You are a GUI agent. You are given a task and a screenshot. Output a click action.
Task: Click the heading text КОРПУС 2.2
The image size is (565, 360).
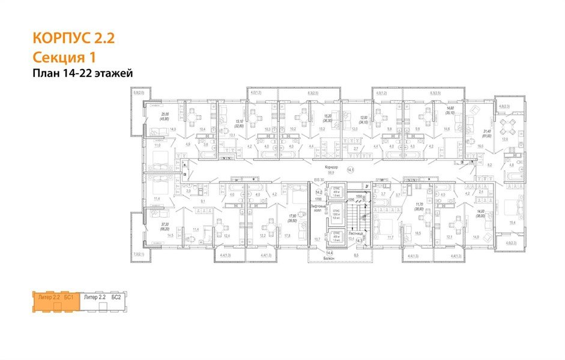(73, 40)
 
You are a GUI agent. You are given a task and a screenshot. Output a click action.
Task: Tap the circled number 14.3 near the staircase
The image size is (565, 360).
(360, 241)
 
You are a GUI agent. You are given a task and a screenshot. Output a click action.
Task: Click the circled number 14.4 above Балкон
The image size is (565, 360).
(328, 254)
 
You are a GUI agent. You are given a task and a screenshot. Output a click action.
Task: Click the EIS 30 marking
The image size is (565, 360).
(318, 179)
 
